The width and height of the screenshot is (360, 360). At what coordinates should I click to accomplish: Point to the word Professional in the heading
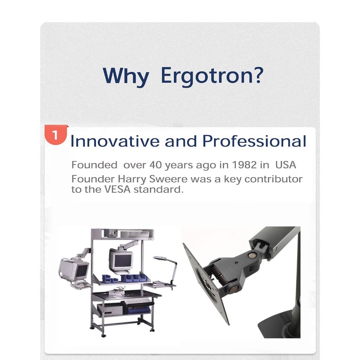pyautogui.click(x=255, y=141)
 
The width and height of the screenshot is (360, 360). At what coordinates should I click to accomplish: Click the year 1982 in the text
pyautogui.click(x=244, y=165)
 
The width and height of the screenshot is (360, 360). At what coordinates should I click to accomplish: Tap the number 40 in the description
pyautogui.click(x=156, y=165)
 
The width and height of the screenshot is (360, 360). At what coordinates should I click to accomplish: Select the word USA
pyautogui.click(x=285, y=165)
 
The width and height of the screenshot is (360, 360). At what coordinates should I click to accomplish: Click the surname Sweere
pyautogui.click(x=168, y=179)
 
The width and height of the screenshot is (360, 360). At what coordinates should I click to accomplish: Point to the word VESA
pyautogui.click(x=117, y=189)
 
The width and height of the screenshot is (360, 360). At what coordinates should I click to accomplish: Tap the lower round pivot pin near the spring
pyautogui.click(x=233, y=290)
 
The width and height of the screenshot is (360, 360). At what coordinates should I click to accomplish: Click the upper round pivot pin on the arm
pyautogui.click(x=252, y=255)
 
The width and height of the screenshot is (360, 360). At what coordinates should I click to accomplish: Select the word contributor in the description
pyautogui.click(x=274, y=179)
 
